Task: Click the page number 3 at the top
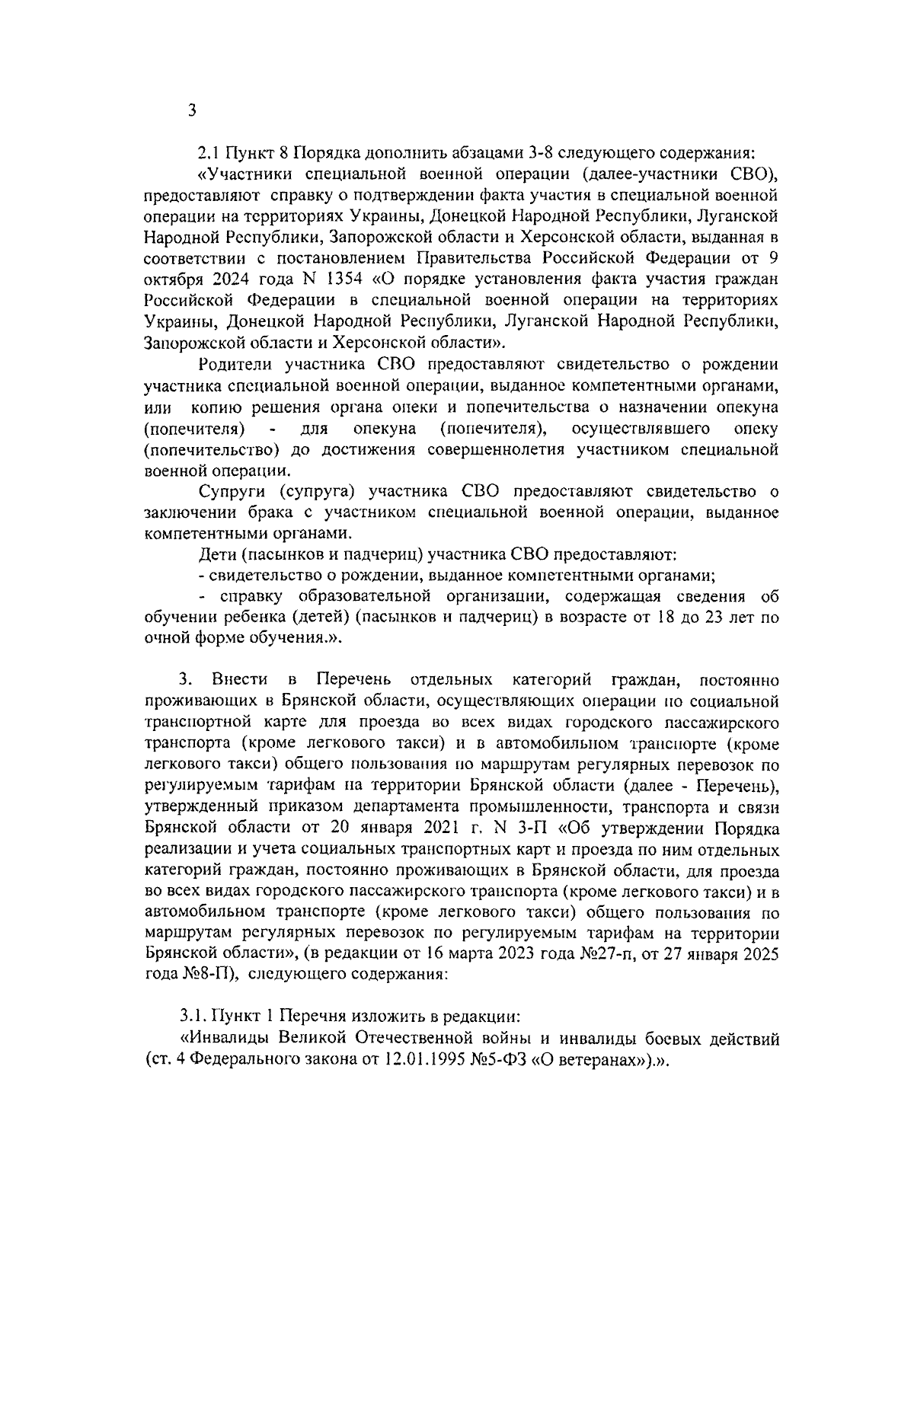(x=192, y=111)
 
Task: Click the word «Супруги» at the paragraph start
(x=232, y=491)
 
